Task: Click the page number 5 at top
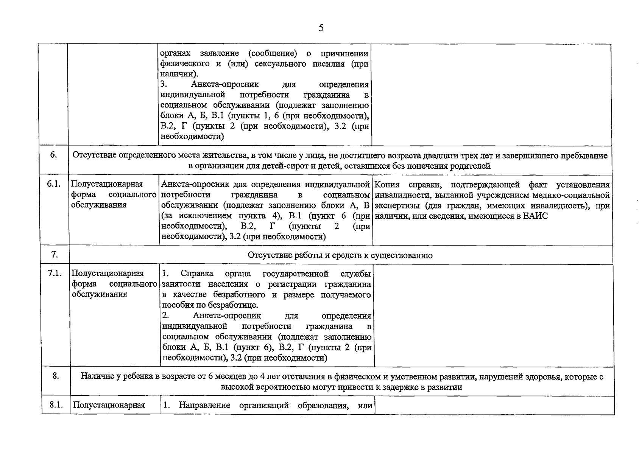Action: (x=321, y=28)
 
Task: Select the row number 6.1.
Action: (x=54, y=184)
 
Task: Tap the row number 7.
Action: (x=55, y=255)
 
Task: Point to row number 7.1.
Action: (x=55, y=273)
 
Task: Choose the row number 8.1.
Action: (x=56, y=405)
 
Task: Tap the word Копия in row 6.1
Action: (x=387, y=185)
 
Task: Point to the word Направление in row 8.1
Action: (x=204, y=405)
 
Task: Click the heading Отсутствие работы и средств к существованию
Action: (x=340, y=255)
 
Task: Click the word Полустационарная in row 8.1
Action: (x=109, y=405)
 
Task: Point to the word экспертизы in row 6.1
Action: (x=397, y=206)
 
